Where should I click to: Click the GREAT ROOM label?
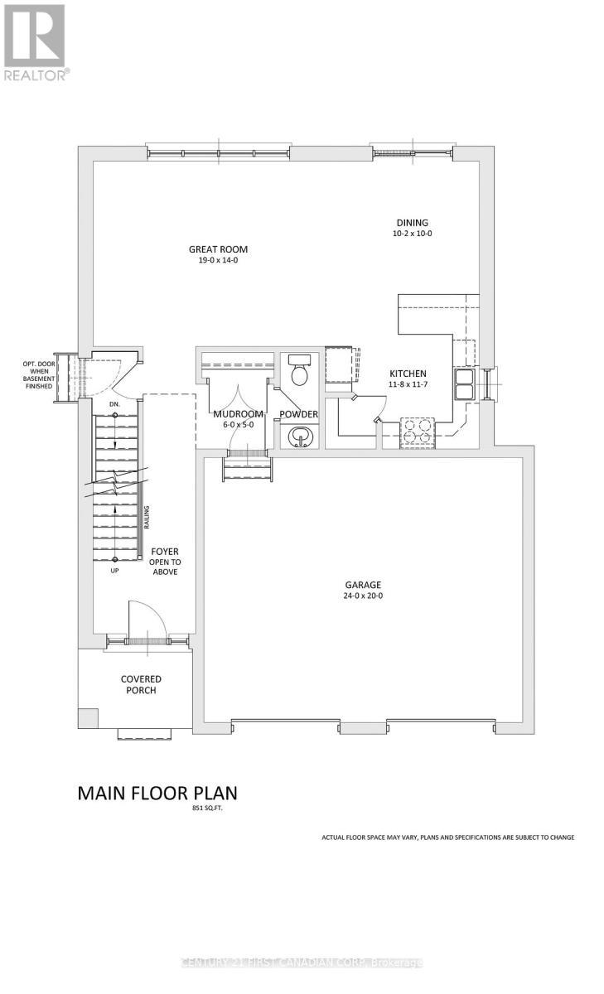218,249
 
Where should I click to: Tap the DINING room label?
412,222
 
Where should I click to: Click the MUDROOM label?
238,414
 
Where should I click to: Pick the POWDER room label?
298,414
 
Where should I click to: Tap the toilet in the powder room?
299,372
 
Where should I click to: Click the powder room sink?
298,436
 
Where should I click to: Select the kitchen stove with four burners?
418,431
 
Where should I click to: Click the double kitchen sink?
463,384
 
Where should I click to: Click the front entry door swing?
143,618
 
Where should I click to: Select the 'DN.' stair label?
115,404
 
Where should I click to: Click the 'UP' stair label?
115,570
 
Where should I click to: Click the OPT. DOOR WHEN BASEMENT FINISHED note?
38,374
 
